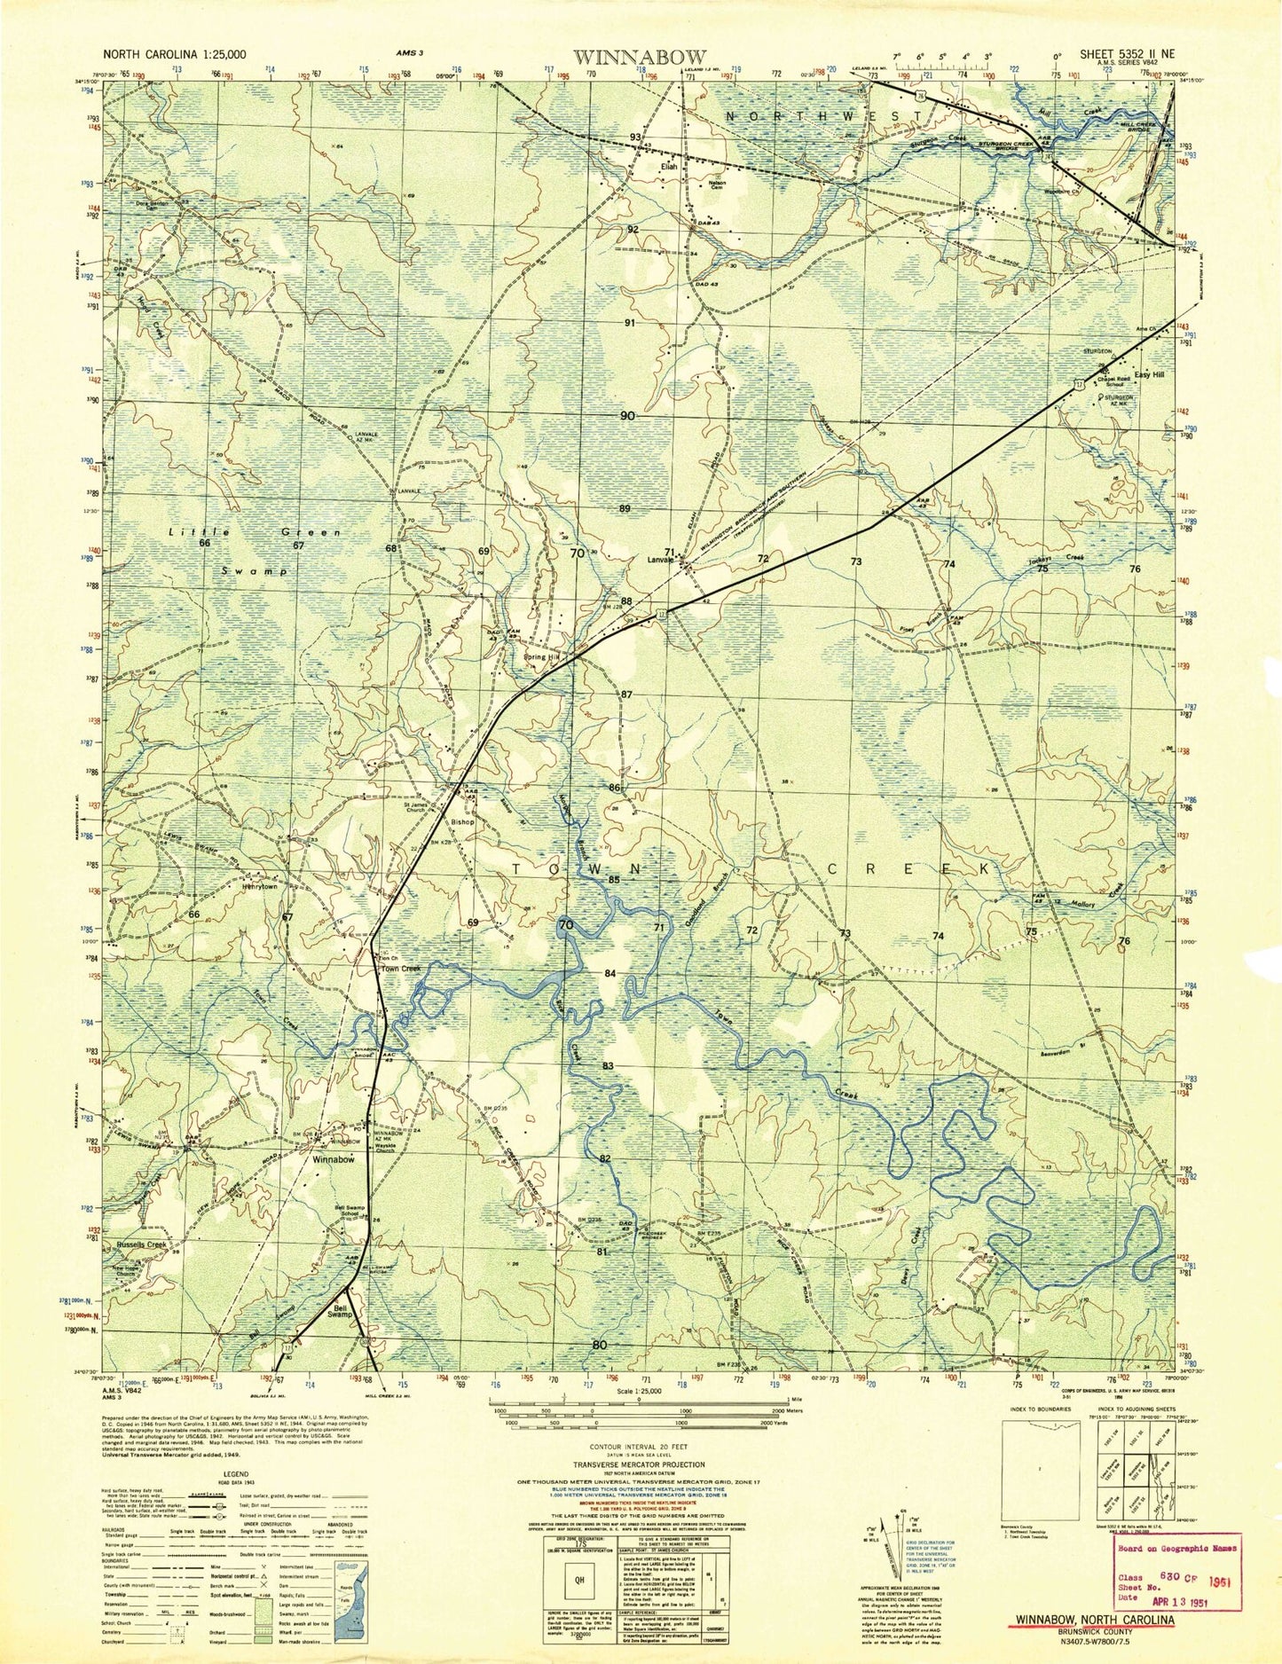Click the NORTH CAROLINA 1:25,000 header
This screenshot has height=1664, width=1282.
coord(174,53)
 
